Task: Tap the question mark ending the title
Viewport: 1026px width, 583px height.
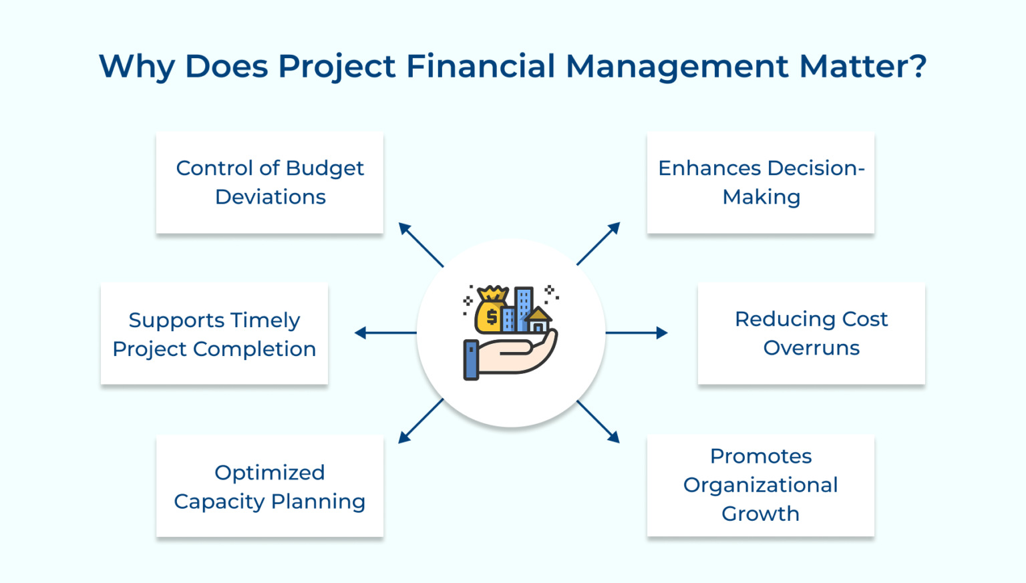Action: click(917, 66)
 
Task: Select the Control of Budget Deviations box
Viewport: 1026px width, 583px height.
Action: click(269, 182)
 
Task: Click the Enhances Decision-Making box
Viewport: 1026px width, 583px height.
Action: click(760, 182)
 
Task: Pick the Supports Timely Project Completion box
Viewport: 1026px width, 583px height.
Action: click(214, 333)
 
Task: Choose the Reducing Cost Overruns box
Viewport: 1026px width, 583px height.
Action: click(811, 333)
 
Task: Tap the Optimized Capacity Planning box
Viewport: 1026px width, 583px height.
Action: click(269, 486)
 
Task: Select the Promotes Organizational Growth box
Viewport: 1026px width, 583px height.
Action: click(760, 485)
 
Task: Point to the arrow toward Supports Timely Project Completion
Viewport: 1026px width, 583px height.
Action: click(385, 333)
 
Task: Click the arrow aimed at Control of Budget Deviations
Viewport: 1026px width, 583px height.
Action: click(421, 244)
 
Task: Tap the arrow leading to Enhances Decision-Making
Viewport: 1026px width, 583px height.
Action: click(598, 244)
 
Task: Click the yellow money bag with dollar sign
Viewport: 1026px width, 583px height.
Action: click(490, 312)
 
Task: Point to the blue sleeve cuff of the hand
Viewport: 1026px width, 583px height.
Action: click(471, 360)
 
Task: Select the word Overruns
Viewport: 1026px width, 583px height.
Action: click(811, 348)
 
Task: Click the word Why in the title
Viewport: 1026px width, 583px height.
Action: click(137, 66)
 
